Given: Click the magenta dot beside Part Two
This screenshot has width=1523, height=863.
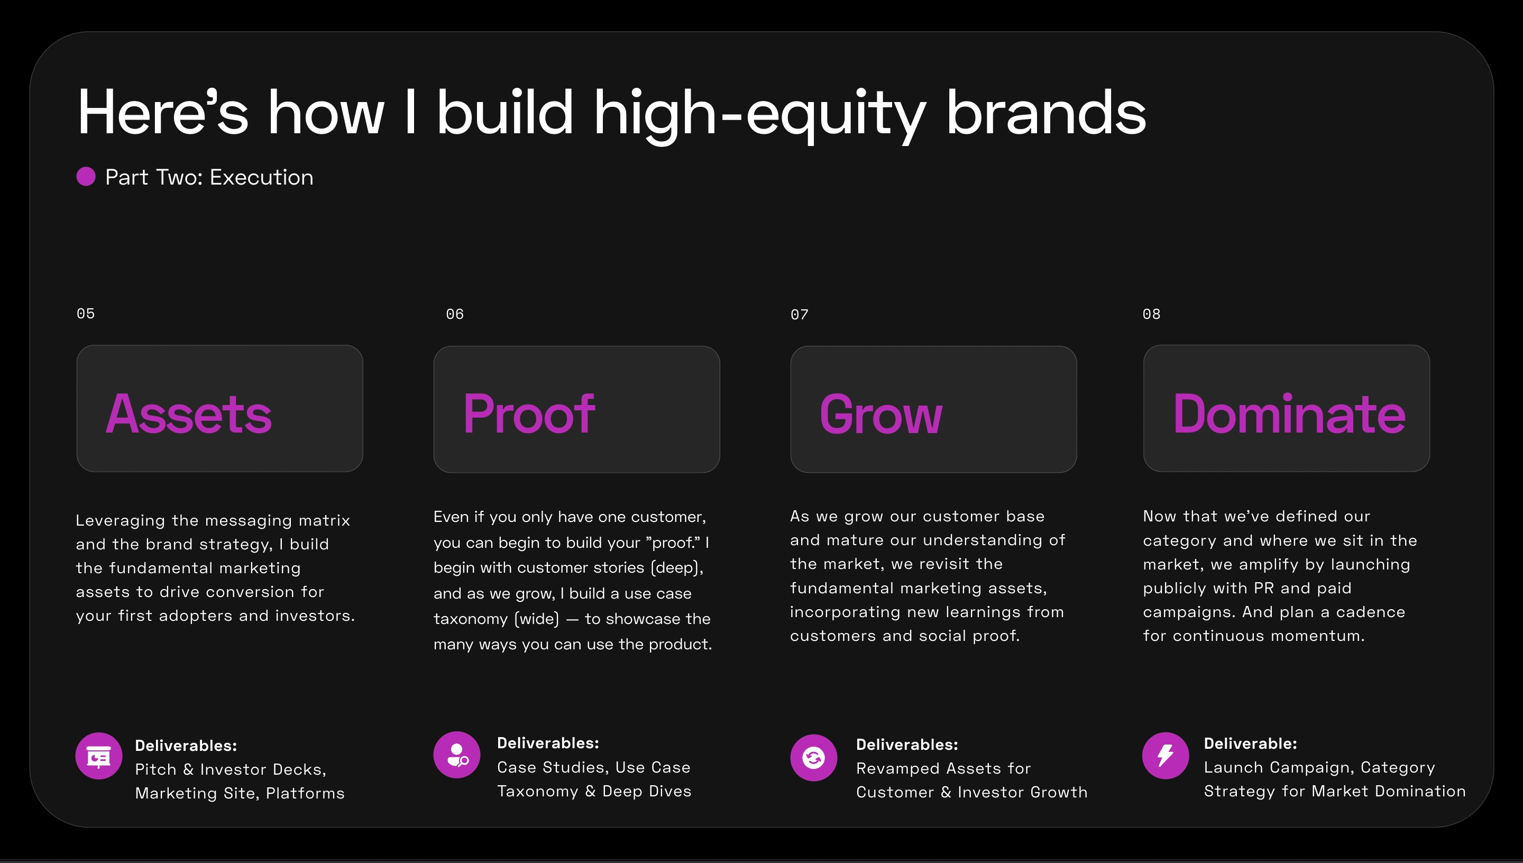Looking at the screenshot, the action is [86, 176].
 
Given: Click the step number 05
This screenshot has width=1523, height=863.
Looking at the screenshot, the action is [85, 314].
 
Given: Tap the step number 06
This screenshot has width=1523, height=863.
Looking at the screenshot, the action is [455, 314].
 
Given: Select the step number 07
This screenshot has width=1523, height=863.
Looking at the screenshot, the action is [800, 315].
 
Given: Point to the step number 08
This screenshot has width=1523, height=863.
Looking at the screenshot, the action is [1151, 314].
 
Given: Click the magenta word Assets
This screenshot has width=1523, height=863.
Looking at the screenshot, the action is [189, 414].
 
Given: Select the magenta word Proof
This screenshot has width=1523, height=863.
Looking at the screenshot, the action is [529, 414].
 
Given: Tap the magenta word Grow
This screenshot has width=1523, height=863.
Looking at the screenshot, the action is [880, 414].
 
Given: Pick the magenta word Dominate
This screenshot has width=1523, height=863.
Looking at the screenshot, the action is [1289, 414].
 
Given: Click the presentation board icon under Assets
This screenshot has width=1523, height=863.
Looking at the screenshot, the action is [99, 756].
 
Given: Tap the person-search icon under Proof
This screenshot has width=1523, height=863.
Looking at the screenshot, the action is [457, 755].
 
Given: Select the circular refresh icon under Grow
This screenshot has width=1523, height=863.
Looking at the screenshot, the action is [814, 757].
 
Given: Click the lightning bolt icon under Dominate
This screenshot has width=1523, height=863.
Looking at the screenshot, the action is [1166, 756].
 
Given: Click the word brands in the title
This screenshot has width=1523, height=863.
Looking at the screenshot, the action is [1046, 113].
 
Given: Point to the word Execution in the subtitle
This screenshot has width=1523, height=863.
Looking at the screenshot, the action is [261, 177].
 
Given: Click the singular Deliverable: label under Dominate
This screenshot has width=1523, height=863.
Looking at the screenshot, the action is [1251, 743].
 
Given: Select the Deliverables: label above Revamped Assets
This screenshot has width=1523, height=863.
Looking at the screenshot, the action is [907, 745].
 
